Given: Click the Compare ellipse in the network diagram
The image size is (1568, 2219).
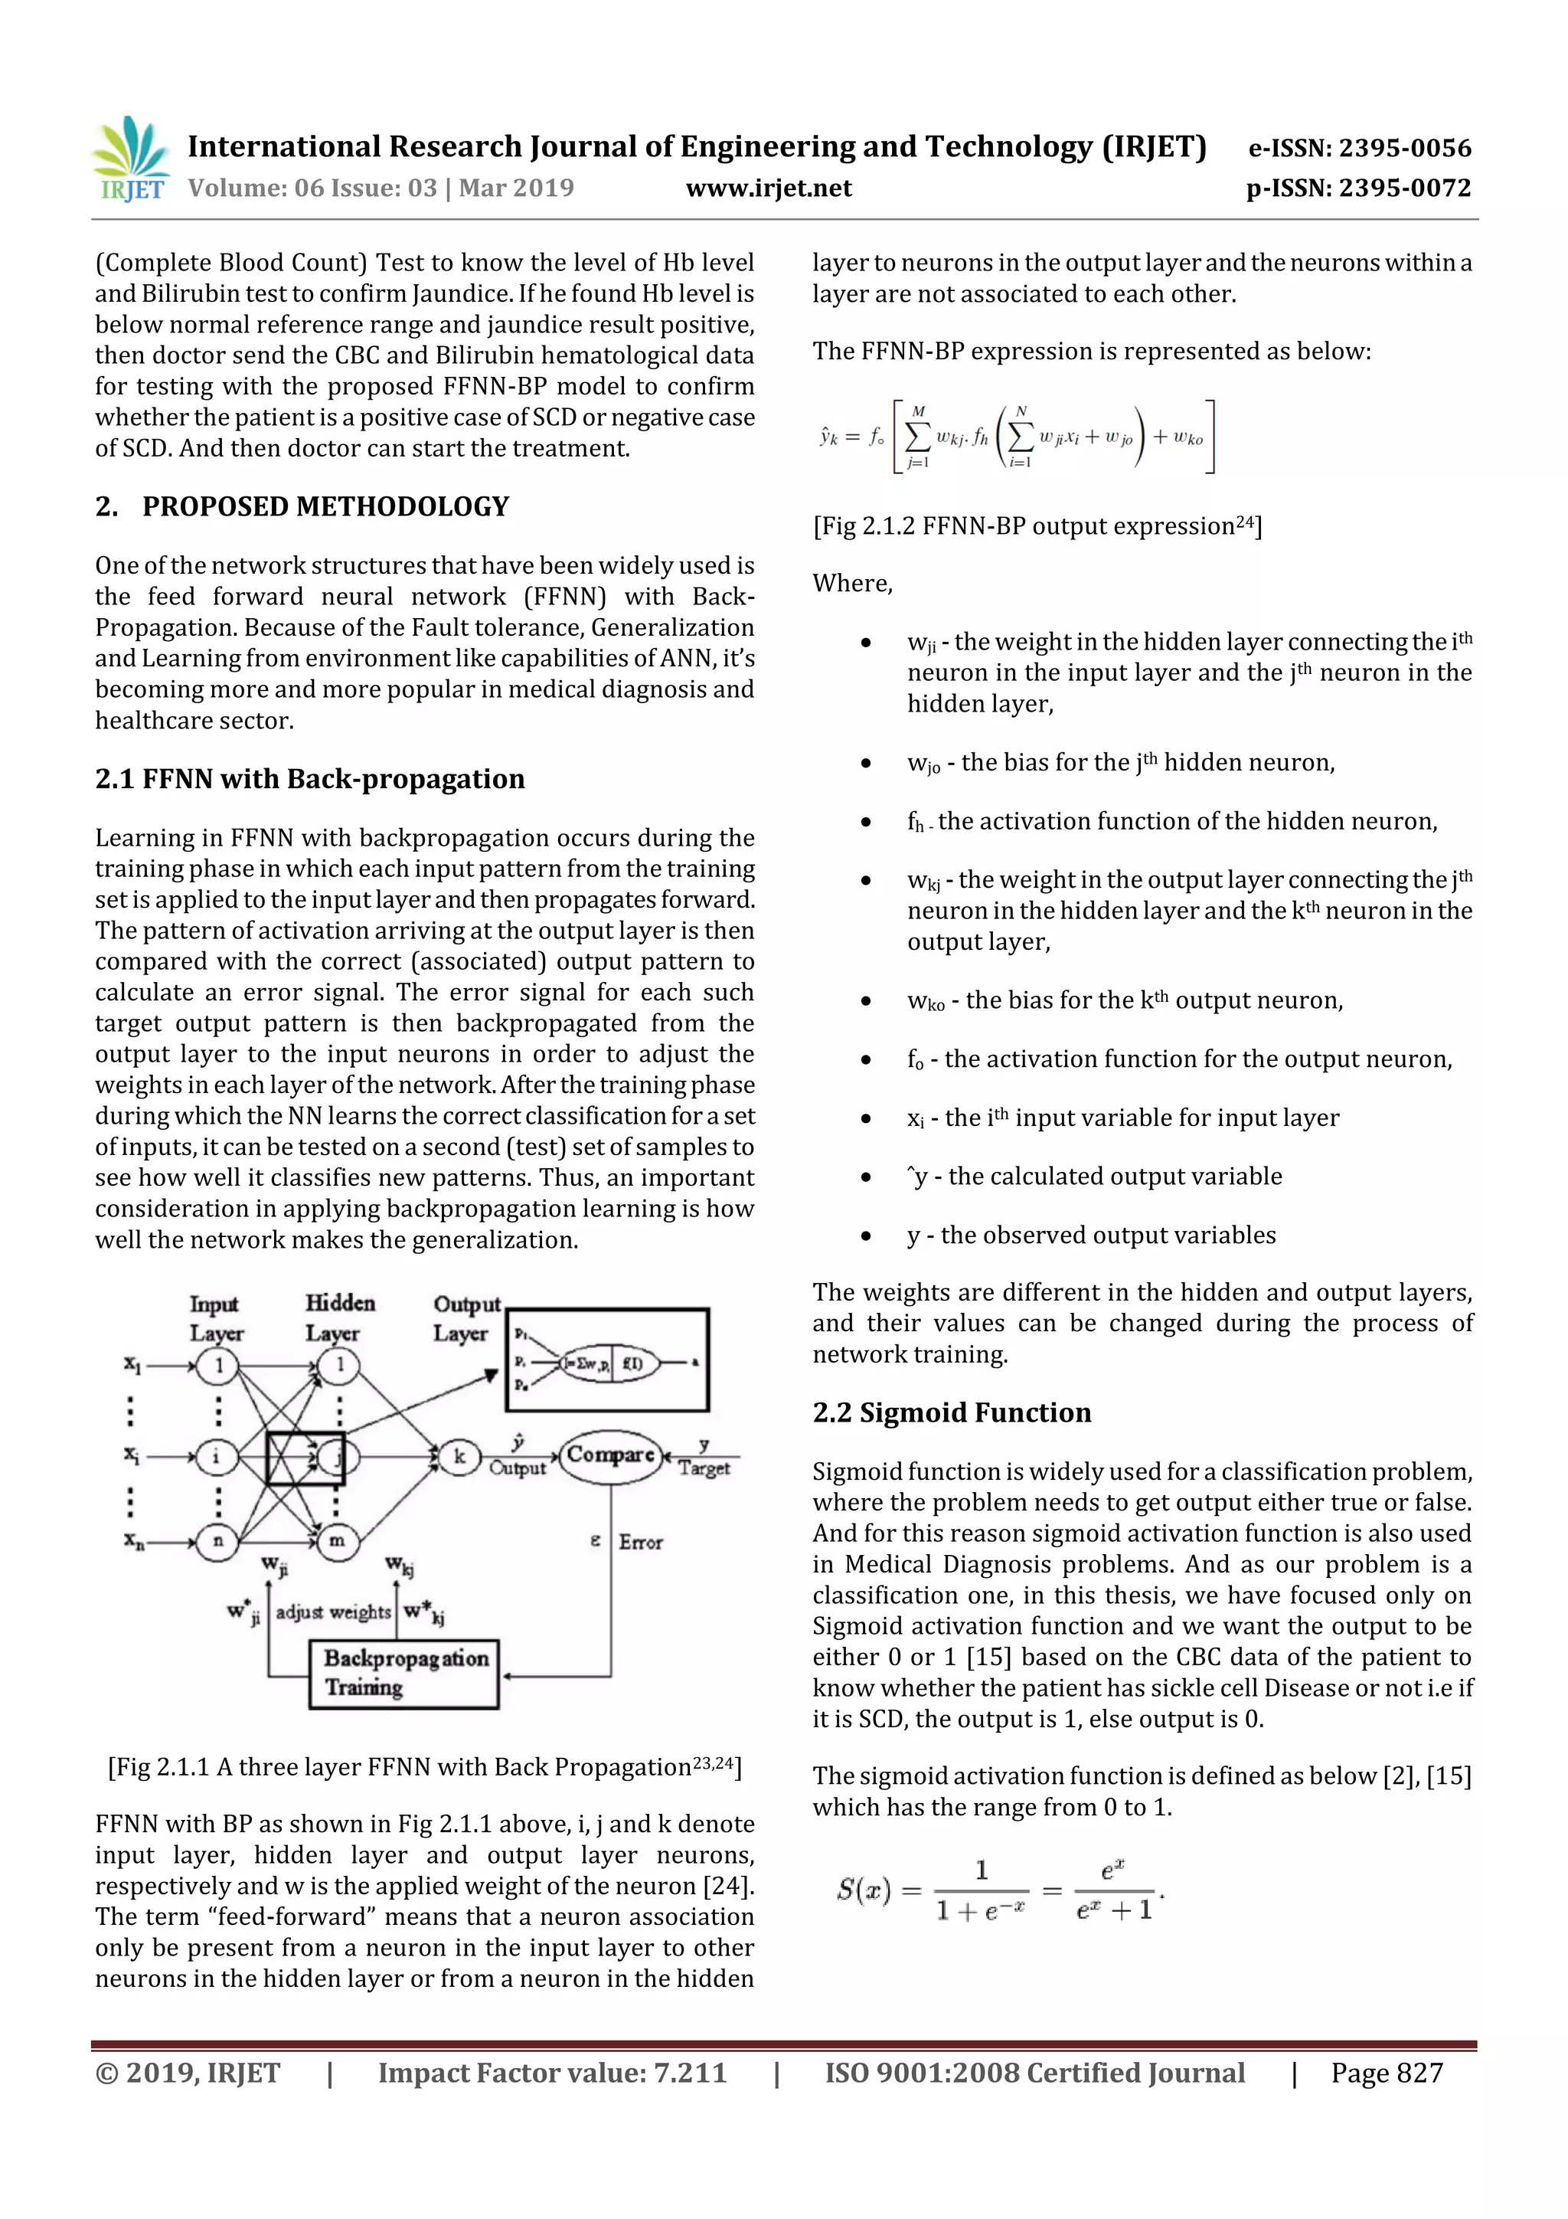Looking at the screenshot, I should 609,1455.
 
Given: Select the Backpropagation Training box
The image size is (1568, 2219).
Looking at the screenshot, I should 403,1673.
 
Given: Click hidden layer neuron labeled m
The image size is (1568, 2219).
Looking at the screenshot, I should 337,1540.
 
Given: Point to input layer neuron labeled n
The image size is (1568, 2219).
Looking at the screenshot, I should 217,1540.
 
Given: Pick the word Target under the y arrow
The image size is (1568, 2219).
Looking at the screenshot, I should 704,1469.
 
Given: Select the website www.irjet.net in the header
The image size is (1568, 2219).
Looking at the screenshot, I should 769,188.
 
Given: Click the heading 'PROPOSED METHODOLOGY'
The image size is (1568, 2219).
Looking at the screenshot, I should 325,506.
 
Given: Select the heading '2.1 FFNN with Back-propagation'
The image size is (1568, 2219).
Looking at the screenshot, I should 309,778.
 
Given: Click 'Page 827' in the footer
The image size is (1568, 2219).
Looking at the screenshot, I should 1387,2072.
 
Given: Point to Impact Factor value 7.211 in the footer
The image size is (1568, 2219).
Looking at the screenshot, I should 552,2072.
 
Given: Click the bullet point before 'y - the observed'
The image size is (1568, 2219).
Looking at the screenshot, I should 867,1236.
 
